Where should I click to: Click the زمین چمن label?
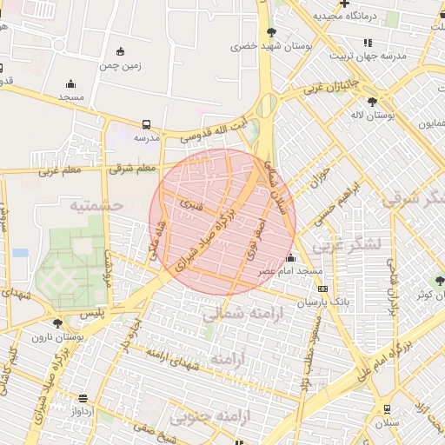120,65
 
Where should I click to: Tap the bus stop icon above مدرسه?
146,124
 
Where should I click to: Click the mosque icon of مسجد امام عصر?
290,258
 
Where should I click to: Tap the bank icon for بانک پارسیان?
323,289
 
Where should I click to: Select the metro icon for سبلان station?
387,410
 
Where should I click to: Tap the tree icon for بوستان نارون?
57,323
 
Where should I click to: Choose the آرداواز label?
82,411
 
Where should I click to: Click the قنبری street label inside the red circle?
191,205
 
